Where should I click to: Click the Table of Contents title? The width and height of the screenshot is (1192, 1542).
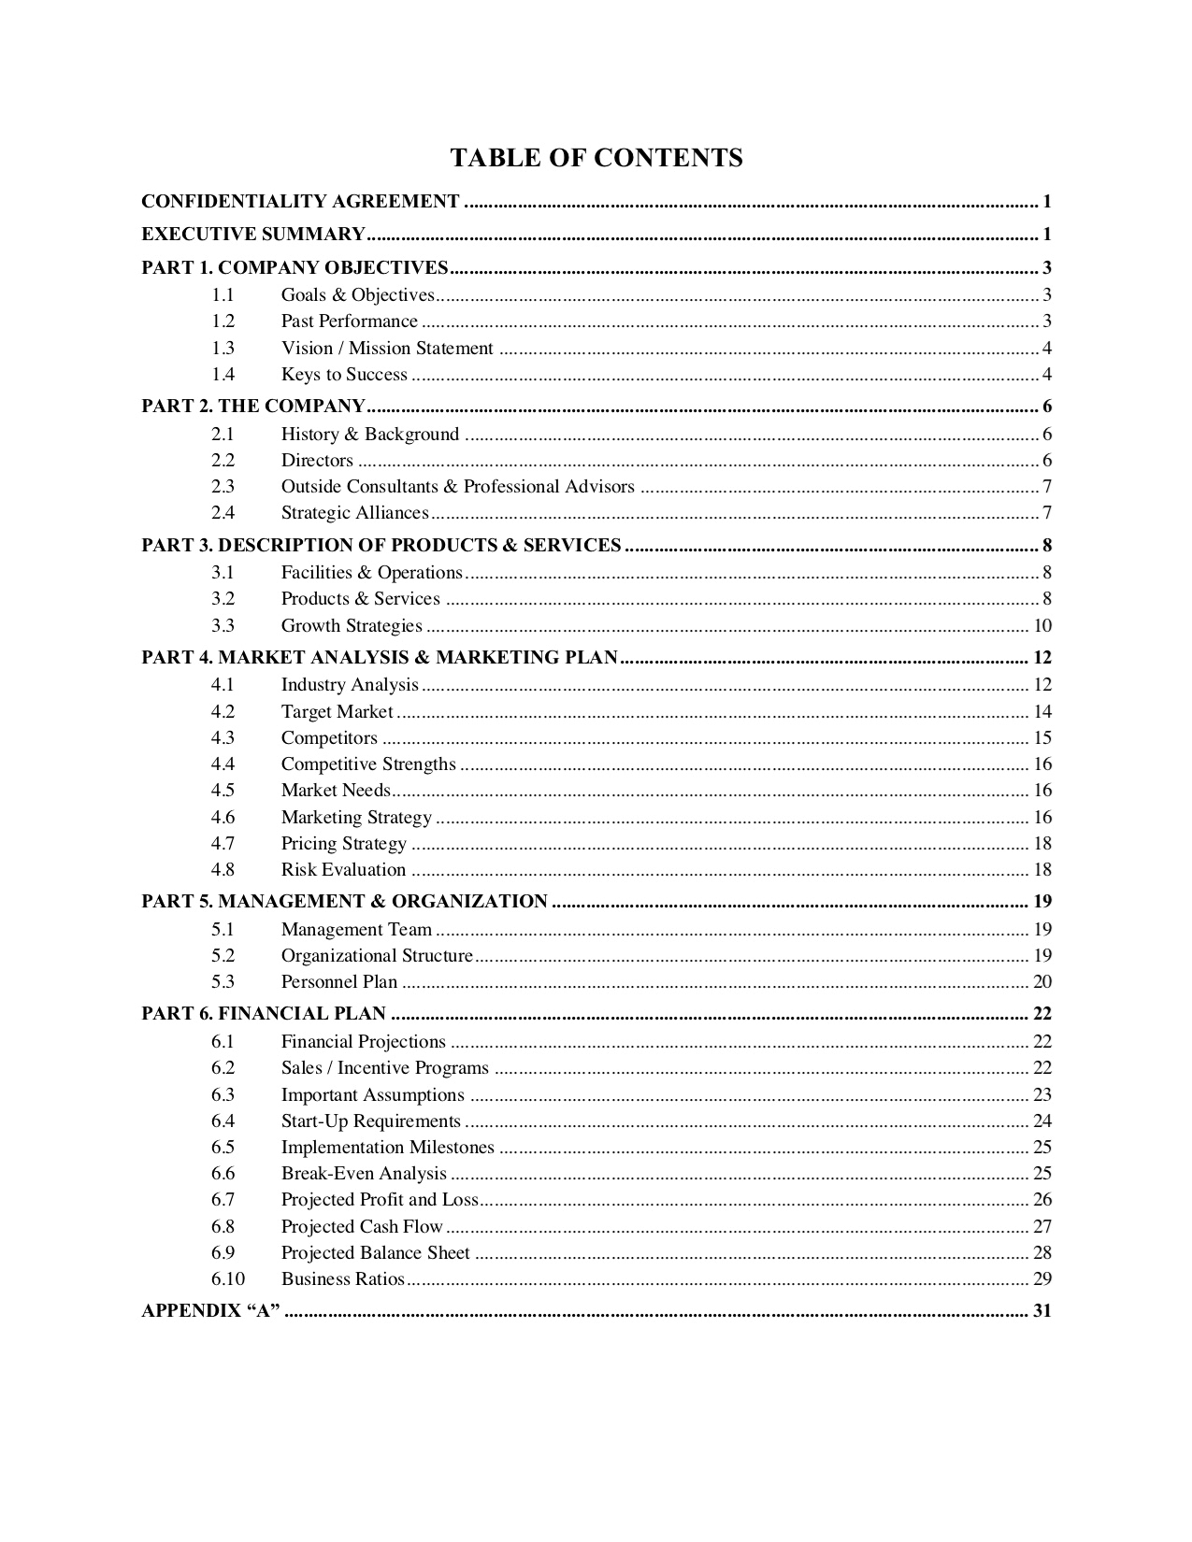(x=596, y=158)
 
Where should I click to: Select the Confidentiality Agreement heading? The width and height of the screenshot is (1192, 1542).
(x=300, y=201)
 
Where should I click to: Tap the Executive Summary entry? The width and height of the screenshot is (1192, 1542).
(x=252, y=234)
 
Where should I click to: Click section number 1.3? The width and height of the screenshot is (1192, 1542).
(x=223, y=349)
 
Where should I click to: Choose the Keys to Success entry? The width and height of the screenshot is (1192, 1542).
(x=344, y=375)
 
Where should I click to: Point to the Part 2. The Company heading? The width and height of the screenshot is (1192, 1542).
(x=252, y=406)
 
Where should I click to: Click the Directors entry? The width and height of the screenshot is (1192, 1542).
(x=317, y=460)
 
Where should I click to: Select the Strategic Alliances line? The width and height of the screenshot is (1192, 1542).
(x=354, y=512)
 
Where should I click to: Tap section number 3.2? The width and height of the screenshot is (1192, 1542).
(x=223, y=599)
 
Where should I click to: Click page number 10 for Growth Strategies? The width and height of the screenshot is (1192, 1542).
(x=1042, y=626)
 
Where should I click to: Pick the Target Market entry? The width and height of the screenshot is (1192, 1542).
(x=337, y=712)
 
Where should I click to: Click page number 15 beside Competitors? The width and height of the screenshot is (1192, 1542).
(x=1042, y=738)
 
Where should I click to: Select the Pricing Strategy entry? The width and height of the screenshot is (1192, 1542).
(x=344, y=844)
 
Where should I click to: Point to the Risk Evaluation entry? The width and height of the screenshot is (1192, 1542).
(x=343, y=870)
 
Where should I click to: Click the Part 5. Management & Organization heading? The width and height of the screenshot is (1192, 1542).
(x=344, y=902)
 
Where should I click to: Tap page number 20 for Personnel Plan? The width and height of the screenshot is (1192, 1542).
(x=1042, y=982)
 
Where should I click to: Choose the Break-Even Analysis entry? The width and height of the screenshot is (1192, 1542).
(x=364, y=1174)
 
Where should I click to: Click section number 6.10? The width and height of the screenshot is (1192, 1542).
(x=227, y=1279)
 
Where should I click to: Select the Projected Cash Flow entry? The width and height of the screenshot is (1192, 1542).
(x=362, y=1227)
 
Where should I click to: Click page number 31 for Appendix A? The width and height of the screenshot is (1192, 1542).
(x=1042, y=1311)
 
